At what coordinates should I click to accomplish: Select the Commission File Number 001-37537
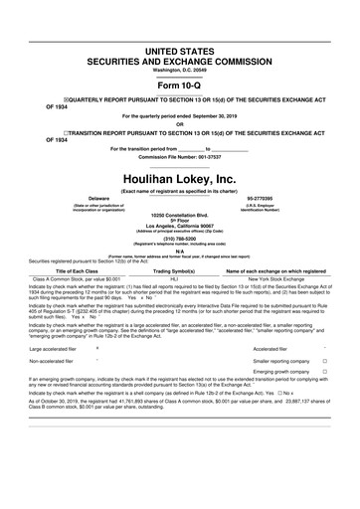pos(179,157)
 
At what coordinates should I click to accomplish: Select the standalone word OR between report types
pos(179,124)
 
